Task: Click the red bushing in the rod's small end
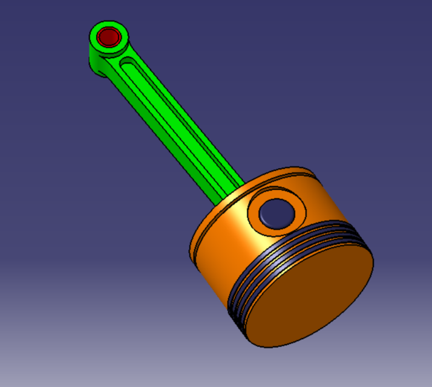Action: [x=110, y=37]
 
